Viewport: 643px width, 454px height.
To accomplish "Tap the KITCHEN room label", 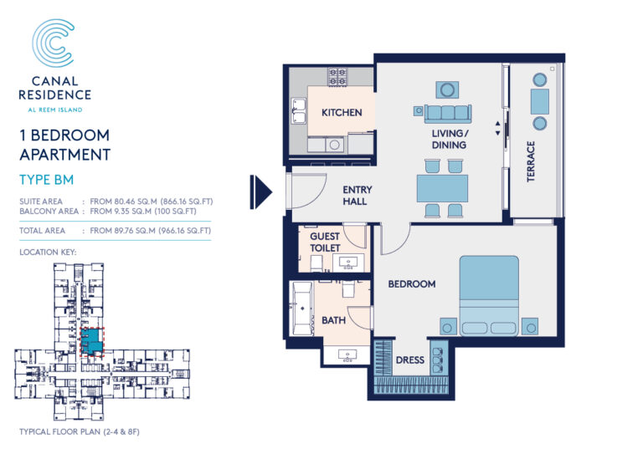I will (342, 112).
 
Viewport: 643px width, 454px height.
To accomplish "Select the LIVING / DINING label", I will (450, 139).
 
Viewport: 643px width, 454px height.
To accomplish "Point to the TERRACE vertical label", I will (531, 161).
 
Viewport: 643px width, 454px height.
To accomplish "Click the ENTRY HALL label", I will (358, 196).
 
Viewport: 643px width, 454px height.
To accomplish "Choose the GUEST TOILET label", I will (325, 242).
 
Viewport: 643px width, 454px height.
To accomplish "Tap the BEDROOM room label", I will (411, 284).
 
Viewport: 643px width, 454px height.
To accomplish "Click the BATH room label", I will (333, 320).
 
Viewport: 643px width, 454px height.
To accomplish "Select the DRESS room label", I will (410, 360).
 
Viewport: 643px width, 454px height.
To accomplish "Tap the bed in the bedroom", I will (490, 294).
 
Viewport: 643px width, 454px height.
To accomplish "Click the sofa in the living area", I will (448, 113).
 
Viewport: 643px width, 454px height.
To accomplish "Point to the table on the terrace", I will (539, 101).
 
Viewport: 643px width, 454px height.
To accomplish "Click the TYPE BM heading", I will (46, 179).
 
